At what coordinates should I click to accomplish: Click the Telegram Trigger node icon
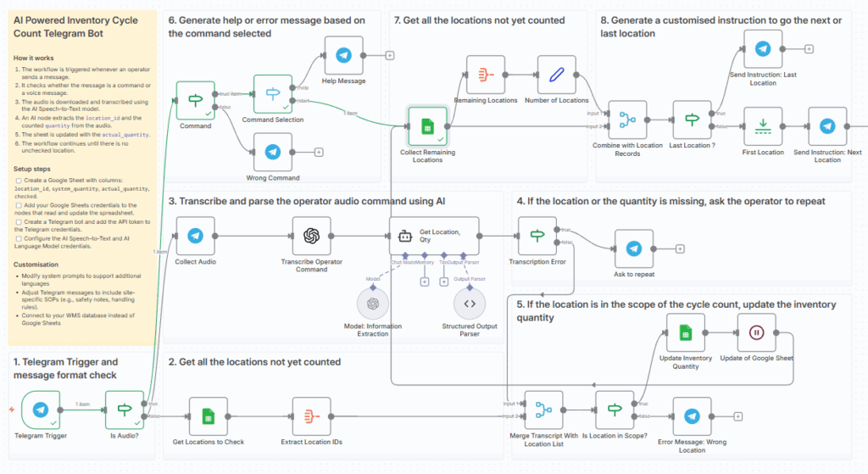(x=40, y=410)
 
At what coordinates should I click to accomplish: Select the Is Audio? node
(x=125, y=410)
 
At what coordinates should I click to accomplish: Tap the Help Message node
(x=343, y=55)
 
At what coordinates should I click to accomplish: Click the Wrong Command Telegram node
(x=272, y=152)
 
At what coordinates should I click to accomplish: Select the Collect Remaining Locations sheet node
(x=427, y=126)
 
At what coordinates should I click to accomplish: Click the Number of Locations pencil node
(x=557, y=75)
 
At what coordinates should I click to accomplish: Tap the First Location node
(x=762, y=126)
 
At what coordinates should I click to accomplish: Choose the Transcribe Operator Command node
(x=311, y=236)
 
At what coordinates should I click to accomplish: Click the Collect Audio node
(x=195, y=236)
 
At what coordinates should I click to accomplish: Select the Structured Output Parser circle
(x=470, y=303)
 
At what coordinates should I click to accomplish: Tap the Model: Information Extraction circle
(x=372, y=303)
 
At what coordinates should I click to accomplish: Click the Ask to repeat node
(x=633, y=248)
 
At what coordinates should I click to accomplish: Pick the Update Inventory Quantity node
(x=686, y=332)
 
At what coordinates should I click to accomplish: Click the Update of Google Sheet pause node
(x=756, y=332)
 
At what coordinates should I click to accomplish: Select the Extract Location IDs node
(x=311, y=415)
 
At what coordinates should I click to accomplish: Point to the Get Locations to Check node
(x=207, y=415)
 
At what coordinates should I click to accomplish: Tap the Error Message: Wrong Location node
(x=692, y=415)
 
